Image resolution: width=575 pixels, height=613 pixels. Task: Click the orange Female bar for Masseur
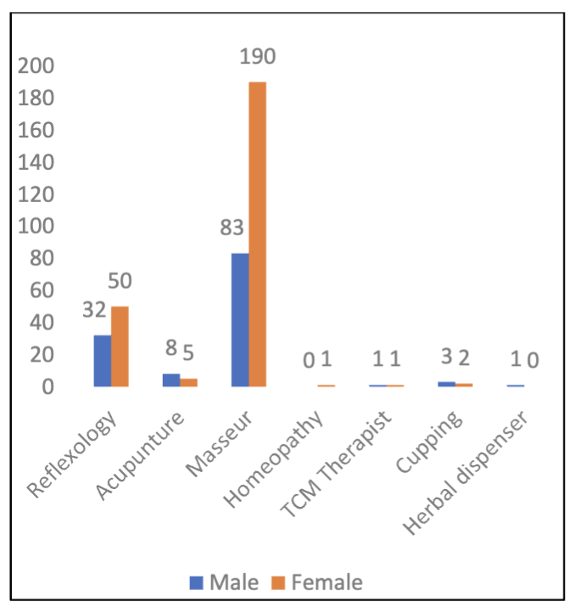(257, 234)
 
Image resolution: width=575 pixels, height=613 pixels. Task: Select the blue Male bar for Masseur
(240, 320)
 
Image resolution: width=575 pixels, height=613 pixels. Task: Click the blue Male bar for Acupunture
(171, 380)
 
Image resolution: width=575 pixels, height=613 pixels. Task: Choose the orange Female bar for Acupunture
(188, 382)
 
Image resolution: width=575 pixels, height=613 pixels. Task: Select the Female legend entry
(318, 582)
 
